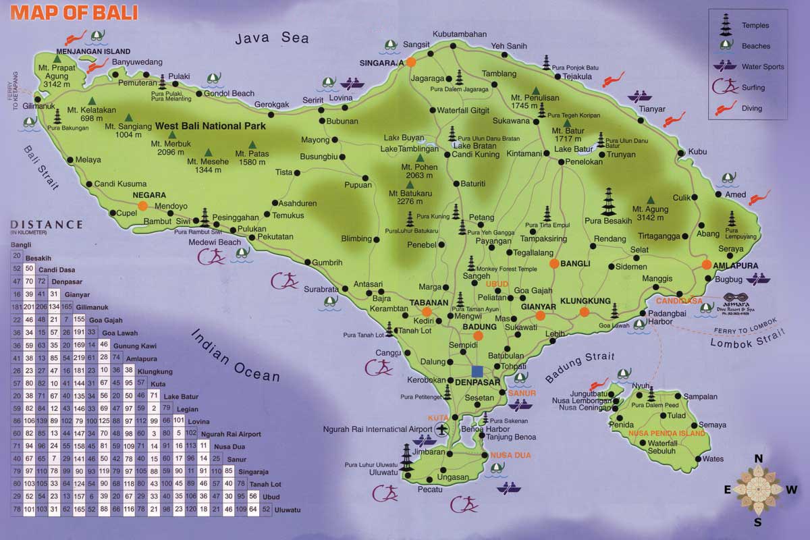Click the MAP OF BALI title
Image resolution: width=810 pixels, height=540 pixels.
click(x=74, y=12)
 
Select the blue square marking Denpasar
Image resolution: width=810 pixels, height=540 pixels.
click(x=478, y=371)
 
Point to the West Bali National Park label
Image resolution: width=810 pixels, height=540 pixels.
click(x=210, y=126)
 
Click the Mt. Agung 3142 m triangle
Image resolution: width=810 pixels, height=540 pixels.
click(x=650, y=199)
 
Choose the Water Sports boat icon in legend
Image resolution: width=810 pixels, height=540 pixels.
click(x=724, y=66)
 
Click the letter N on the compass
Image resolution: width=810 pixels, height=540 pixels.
click(x=758, y=459)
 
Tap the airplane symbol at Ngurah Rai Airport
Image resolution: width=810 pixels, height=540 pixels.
click(x=443, y=429)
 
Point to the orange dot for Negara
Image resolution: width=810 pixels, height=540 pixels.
click(x=142, y=206)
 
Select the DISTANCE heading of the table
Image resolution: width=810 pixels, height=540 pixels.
click(x=47, y=225)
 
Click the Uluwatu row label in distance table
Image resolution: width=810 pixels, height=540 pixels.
click(x=287, y=509)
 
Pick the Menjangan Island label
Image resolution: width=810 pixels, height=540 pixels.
click(x=93, y=51)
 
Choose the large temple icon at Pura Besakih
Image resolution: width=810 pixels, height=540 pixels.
click(x=610, y=201)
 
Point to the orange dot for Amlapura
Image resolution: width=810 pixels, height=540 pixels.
click(x=707, y=265)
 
